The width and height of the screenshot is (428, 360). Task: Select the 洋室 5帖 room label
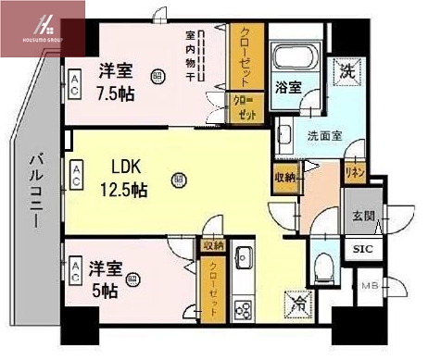[x=104, y=279]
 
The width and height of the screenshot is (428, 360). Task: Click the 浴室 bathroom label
[x=287, y=88]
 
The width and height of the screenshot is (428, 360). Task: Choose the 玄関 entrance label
[x=363, y=217]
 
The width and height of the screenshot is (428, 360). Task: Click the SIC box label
[x=361, y=248]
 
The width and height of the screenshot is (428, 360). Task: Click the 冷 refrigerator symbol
[x=301, y=302]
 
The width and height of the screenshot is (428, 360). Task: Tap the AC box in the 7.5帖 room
[x=74, y=86]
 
